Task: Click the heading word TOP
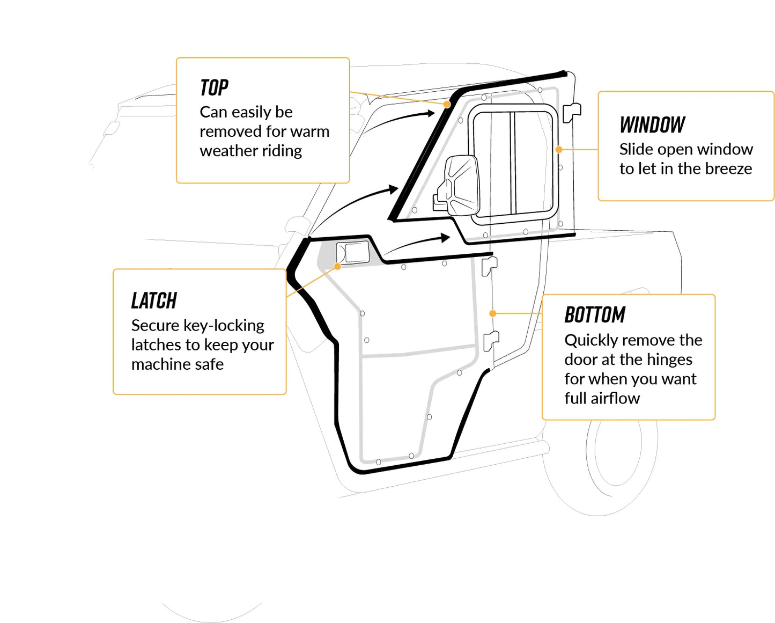coord(214,87)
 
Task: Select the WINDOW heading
coord(652,125)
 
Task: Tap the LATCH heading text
coord(154,301)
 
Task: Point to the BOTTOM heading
coord(595,315)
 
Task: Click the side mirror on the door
coord(459,185)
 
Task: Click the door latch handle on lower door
coord(353,253)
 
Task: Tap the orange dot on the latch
coord(337,267)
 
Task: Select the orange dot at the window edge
coord(559,150)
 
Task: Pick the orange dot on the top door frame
coord(447,105)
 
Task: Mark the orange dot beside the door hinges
coord(492,313)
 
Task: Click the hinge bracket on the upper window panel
coord(571,112)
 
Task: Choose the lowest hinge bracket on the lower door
coord(491,341)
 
